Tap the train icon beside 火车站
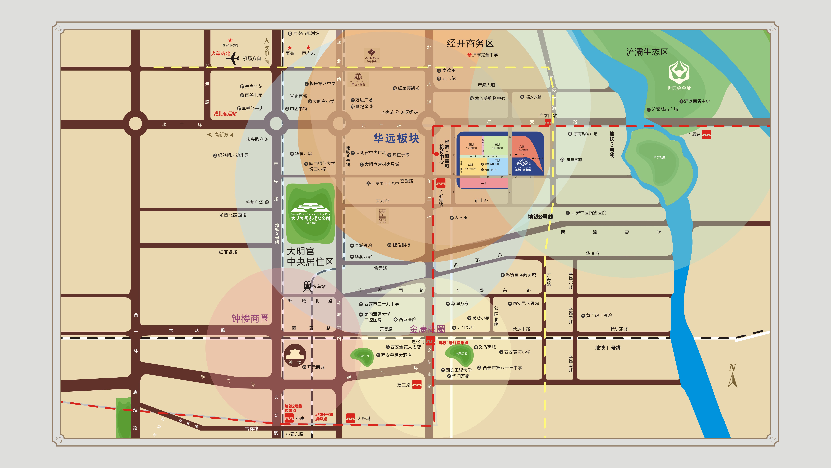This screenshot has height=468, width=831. [x=307, y=286]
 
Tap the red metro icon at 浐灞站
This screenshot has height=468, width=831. [x=706, y=134]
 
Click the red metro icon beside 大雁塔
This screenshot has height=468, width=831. [x=350, y=418]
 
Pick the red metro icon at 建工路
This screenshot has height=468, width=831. [x=417, y=384]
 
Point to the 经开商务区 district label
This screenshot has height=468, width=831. [x=470, y=43]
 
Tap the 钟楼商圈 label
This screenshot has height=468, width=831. [x=250, y=318]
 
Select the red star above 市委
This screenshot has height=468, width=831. [x=290, y=47]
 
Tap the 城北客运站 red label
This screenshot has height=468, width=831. [x=225, y=114]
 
